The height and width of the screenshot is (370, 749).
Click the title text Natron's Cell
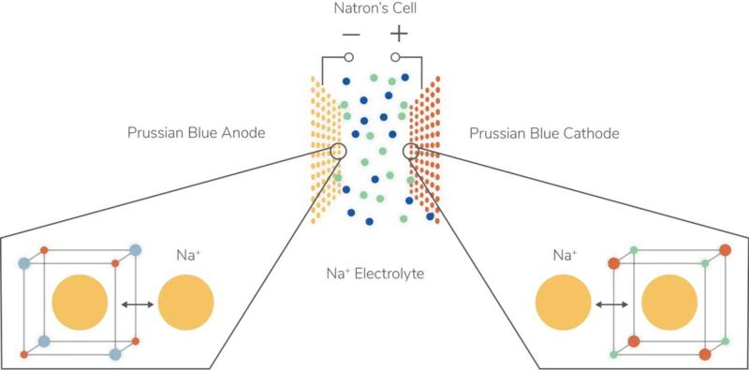tap(374, 8)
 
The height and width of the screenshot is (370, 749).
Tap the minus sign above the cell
tap(351, 35)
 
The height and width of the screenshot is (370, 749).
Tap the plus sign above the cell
tap(399, 34)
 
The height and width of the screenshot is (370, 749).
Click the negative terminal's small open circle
tap(348, 57)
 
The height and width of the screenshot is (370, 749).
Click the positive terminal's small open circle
tap(395, 57)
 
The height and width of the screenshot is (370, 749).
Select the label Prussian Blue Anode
tap(196, 133)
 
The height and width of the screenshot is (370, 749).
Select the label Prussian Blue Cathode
tap(544, 133)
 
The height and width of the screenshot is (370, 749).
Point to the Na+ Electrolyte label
tap(375, 274)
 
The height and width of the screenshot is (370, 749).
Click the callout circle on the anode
tap(338, 151)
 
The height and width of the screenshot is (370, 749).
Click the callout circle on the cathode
tap(410, 151)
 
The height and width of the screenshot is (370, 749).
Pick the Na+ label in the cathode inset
tap(565, 256)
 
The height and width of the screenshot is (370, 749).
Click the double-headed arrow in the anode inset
tap(137, 304)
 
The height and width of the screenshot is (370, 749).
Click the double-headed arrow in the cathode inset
tap(612, 304)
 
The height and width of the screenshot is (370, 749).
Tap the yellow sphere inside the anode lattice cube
tap(80, 303)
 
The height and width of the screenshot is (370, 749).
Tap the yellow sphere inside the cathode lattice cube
tap(669, 303)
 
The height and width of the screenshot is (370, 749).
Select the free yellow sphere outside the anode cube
tap(185, 303)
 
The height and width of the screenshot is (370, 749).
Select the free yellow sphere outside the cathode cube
tap(564, 303)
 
